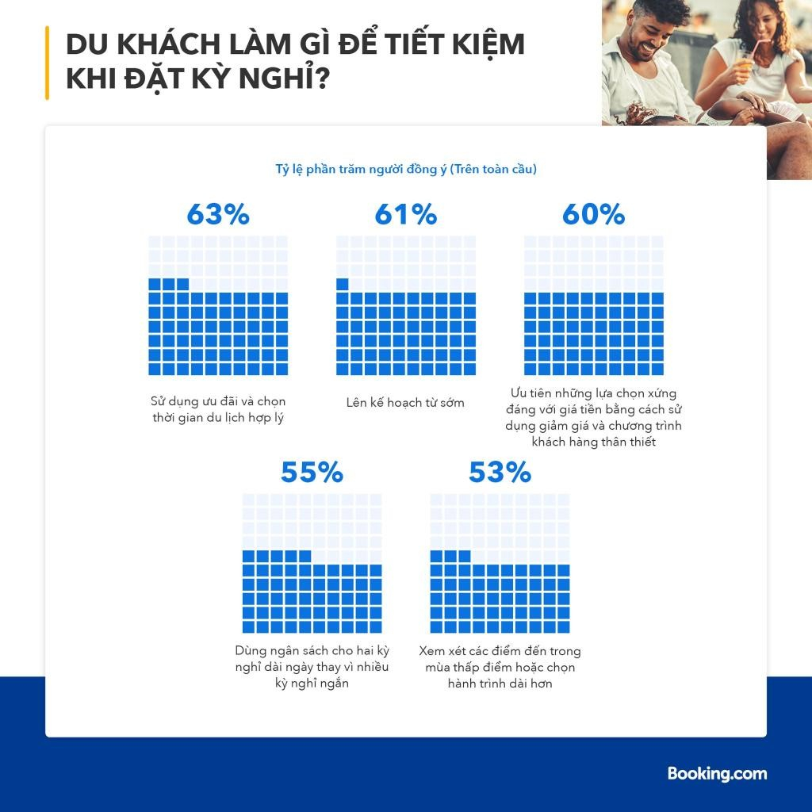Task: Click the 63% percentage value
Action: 218,214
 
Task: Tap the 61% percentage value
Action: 405,214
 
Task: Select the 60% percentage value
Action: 593,214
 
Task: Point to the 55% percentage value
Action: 312,473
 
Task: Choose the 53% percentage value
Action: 500,473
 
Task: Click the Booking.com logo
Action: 717,773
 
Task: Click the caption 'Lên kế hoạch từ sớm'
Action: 405,403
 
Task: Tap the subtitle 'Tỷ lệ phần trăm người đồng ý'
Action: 361,170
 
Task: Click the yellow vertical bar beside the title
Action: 48,63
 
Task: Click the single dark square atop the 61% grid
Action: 343,284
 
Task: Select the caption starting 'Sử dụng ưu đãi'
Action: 218,409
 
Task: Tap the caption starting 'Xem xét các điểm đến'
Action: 500,666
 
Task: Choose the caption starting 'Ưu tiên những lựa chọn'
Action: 593,417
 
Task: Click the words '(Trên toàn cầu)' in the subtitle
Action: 493,170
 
